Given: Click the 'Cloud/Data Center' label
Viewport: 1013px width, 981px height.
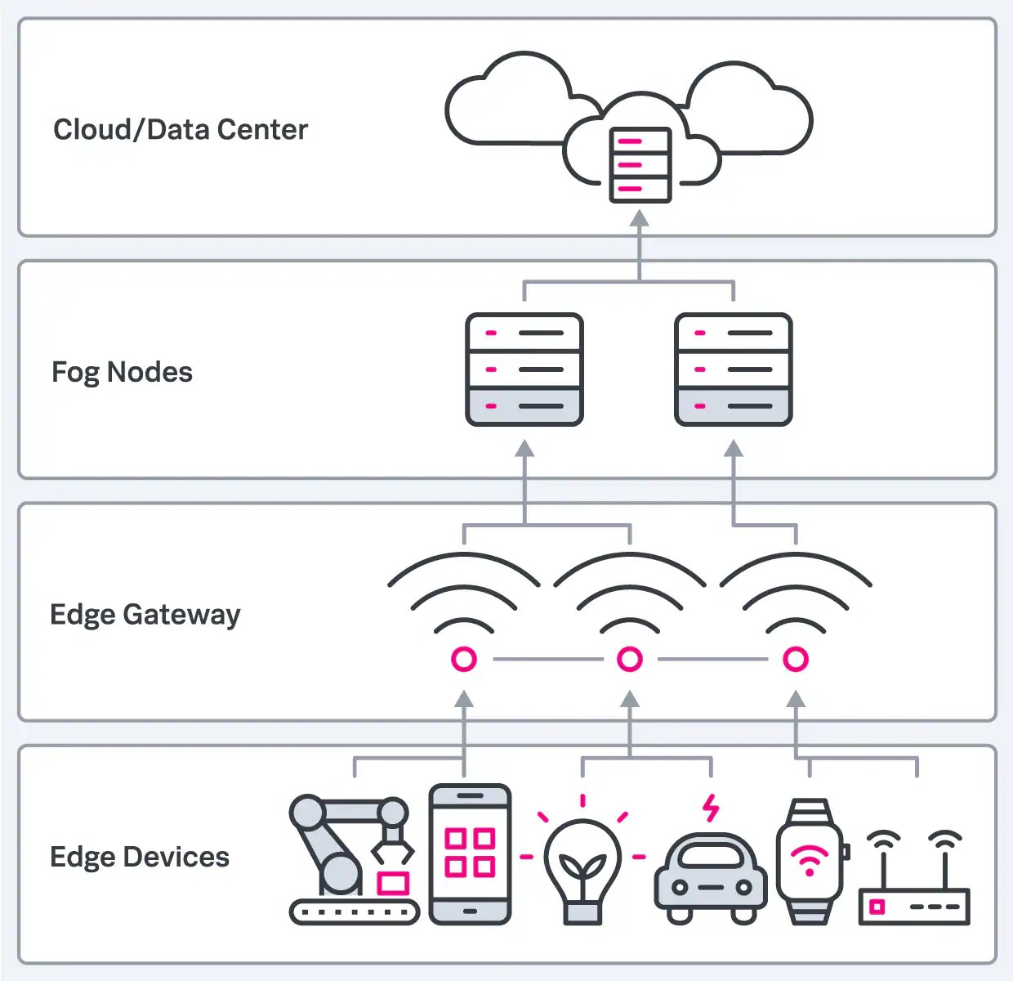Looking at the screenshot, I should (181, 129).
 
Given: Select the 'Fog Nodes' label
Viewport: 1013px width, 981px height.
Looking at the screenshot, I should (122, 372).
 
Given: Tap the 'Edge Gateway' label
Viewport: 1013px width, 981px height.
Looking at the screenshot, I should (145, 614).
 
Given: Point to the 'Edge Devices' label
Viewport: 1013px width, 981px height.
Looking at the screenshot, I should (140, 857).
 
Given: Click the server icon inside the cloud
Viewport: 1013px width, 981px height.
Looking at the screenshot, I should (640, 164).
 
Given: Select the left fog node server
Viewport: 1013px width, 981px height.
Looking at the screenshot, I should (524, 370).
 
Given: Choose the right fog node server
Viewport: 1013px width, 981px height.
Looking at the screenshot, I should (734, 370).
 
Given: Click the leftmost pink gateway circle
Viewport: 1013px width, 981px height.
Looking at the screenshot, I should (464, 659).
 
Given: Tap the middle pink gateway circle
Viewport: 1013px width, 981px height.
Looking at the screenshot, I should (630, 659).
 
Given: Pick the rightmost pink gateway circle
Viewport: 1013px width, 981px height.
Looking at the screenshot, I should (796, 659).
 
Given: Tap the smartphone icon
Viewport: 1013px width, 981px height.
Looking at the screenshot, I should (470, 855).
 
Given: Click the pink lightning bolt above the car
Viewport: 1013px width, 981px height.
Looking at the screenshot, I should (712, 808).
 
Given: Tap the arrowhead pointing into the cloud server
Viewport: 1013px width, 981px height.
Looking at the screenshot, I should (640, 218).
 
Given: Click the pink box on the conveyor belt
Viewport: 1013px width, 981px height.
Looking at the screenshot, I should (393, 883).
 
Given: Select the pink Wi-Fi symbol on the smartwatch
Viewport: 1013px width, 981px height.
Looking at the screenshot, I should (810, 861).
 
